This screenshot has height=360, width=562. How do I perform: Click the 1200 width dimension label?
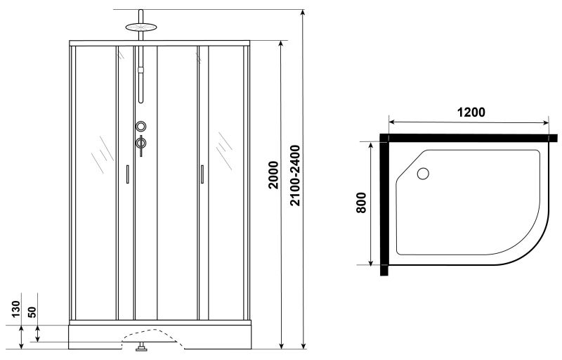pos(471,112)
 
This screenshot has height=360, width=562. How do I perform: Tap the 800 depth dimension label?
pos(361,203)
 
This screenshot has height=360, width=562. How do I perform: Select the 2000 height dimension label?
pos(273,175)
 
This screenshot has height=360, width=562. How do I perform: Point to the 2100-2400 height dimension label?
pos(295,175)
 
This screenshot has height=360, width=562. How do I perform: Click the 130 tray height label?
pos(16,309)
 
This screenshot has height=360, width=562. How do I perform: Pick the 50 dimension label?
pos(32,311)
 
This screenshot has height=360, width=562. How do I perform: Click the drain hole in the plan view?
pos(423,174)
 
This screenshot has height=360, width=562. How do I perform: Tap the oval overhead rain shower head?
pos(141,27)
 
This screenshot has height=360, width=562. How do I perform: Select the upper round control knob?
pos(141,127)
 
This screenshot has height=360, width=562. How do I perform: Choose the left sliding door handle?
pos(127,174)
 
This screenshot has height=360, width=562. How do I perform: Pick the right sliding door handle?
pos(202,174)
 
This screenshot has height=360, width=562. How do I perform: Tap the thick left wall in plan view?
pos(384,205)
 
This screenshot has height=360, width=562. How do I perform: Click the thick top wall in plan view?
pos(469,138)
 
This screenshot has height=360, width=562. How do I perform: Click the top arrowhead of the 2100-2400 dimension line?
pos(303,13)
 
